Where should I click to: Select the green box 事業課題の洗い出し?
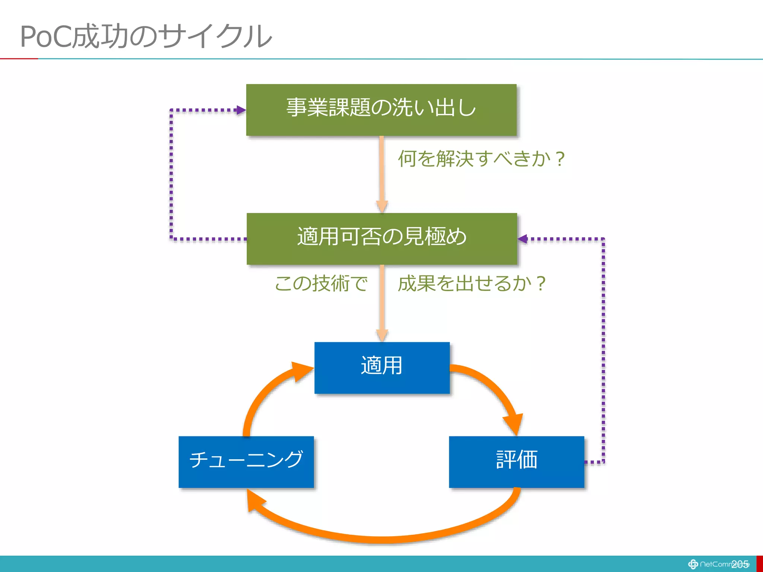tap(381, 110)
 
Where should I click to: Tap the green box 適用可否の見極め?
tap(381, 239)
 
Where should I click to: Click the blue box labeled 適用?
tap(382, 368)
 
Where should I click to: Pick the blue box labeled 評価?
tap(516, 462)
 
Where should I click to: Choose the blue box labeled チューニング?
tap(246, 462)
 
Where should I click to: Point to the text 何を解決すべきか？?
tap(481, 159)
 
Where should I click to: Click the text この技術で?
tap(321, 283)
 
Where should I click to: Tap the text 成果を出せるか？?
tap(472, 283)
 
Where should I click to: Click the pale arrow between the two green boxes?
tap(382, 173)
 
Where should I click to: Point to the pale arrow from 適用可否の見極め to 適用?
tap(382, 302)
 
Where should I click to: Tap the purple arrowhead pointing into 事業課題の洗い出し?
tap(241, 110)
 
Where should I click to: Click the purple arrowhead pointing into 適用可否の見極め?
tap(523, 239)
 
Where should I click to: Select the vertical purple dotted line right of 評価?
tap(603, 350)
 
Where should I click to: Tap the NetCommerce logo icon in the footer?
tap(693, 564)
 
